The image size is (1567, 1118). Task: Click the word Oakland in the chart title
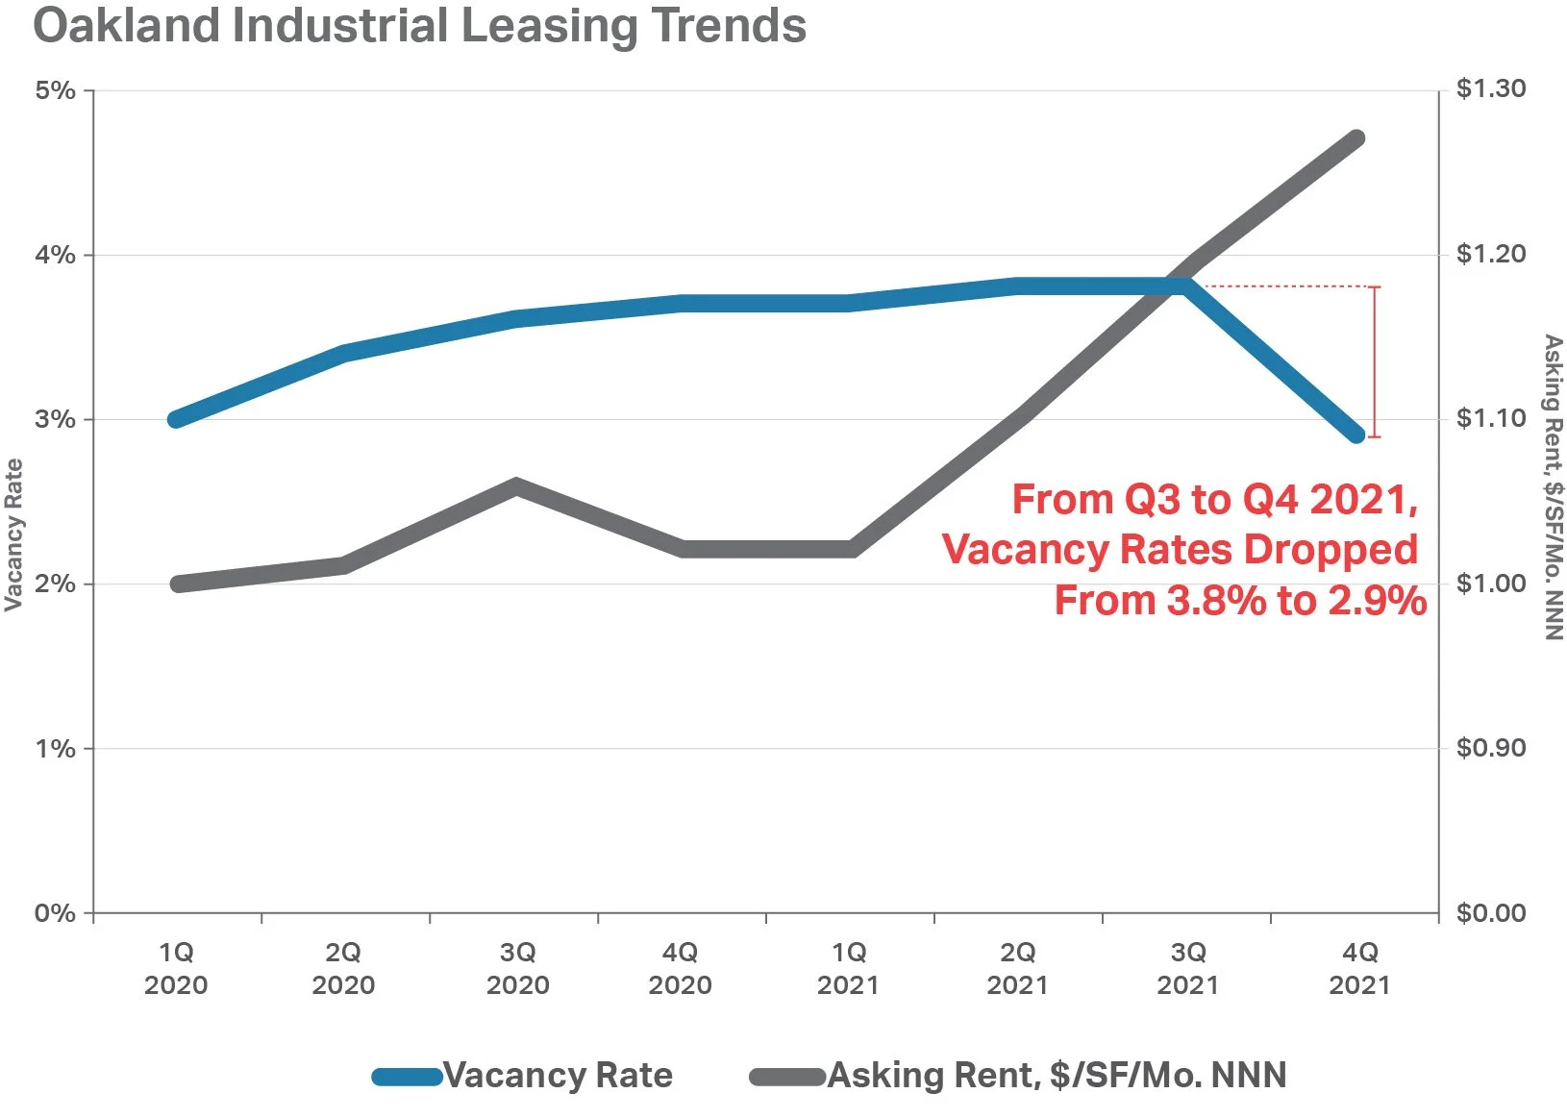pos(126,26)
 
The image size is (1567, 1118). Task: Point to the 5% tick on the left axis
pos(55,90)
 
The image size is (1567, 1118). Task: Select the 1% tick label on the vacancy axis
pos(55,749)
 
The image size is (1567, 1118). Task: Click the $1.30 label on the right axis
pos(1491,88)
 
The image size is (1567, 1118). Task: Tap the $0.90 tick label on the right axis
pos(1491,747)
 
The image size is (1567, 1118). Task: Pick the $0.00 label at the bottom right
pos(1491,912)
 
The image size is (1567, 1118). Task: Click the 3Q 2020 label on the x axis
pos(517,968)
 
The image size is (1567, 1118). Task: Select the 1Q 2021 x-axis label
pos(848,968)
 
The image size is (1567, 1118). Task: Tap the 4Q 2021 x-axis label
pos(1359,968)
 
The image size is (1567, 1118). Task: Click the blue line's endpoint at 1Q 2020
pos(176,419)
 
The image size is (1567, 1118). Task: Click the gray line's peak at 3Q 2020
pos(515,486)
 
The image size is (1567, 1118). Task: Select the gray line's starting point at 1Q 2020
pos(178,584)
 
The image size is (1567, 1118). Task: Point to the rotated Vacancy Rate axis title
pos(13,534)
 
